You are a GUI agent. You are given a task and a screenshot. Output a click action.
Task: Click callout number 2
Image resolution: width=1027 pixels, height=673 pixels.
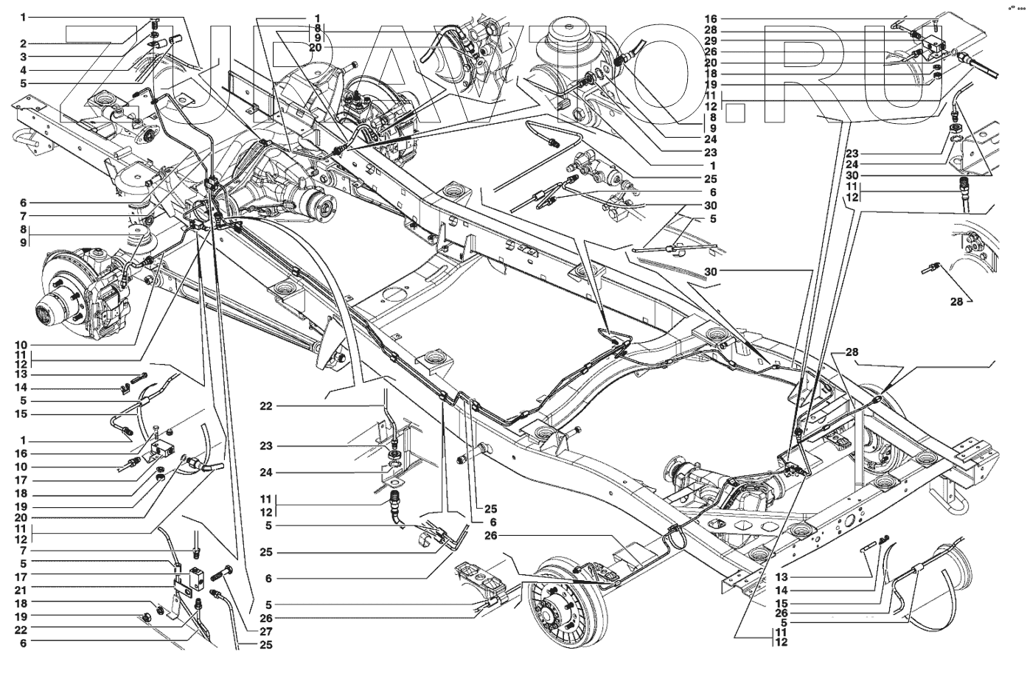point(23,43)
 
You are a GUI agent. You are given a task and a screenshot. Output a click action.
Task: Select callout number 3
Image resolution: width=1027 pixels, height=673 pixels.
point(23,57)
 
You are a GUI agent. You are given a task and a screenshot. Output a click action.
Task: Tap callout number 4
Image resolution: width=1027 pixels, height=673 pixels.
point(23,70)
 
